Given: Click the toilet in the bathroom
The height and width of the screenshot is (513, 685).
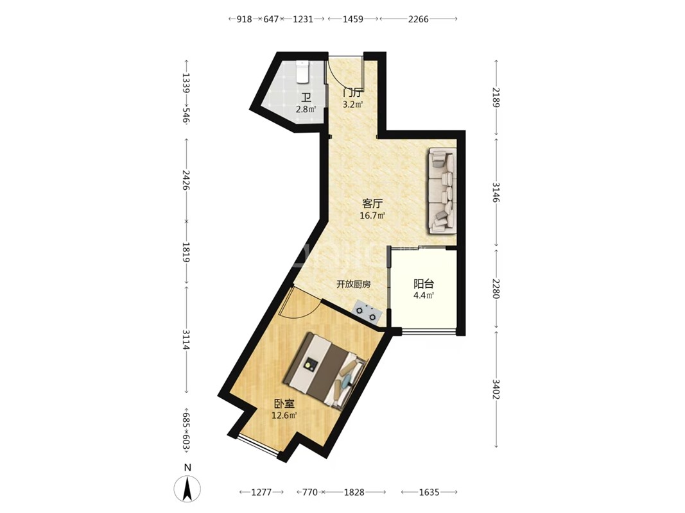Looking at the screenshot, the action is tap(302, 72).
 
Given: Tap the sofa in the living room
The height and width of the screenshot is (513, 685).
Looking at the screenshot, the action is tap(442, 190).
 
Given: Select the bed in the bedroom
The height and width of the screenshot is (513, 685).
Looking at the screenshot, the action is tap(324, 371).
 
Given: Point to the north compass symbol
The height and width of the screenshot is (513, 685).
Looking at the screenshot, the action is tap(187, 485).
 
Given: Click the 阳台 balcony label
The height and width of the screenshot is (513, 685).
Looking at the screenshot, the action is tap(423, 284).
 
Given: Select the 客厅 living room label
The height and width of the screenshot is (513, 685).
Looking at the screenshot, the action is tap(372, 204).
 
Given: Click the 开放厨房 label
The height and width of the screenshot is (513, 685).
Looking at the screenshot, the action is tap(354, 285).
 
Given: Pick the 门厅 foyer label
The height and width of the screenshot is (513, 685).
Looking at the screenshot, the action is tap(352, 93).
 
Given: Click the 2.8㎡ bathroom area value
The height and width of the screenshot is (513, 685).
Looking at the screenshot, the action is tap(306, 109).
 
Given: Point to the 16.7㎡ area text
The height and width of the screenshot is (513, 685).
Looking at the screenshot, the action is tap(372, 215).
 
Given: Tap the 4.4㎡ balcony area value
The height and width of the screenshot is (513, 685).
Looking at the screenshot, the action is tap(423, 296).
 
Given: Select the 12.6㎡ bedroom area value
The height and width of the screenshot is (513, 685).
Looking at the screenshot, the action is tap(284, 416).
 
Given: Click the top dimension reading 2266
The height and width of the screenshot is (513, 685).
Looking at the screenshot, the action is tap(419, 19).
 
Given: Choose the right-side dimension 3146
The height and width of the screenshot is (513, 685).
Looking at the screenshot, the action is tap(496, 192).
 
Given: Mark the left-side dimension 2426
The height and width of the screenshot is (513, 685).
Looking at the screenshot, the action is tap(187, 180).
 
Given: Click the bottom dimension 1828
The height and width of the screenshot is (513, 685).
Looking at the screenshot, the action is tap(354, 492).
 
